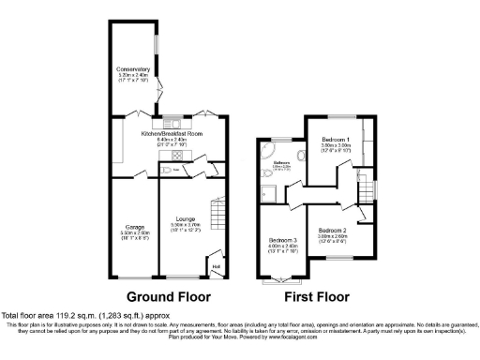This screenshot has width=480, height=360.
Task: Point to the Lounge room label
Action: coord(185,218)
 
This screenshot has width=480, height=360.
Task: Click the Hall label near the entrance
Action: coord(217,265)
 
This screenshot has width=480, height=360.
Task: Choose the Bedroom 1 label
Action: coord(335,140)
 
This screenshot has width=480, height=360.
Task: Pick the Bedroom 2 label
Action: coord(332,230)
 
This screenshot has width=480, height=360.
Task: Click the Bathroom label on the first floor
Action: coord(281,164)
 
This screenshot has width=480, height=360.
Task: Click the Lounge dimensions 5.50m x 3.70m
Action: coord(185,226)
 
